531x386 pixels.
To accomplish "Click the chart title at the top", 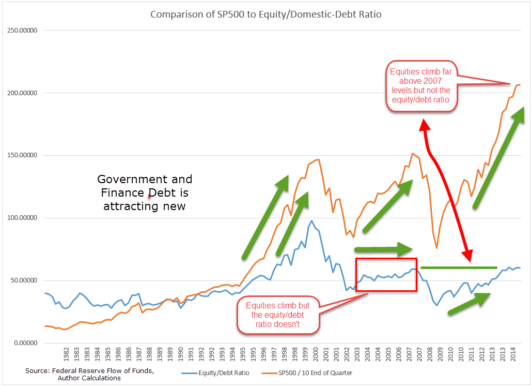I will (x=265, y=14).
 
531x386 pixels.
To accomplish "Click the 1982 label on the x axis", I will (x=67, y=359).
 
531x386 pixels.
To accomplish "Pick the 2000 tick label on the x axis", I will (x=316, y=359).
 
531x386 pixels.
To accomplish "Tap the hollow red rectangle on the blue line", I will (x=386, y=274).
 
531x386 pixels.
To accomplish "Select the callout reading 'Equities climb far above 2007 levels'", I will (x=421, y=86).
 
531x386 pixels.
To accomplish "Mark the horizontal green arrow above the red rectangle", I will (x=383, y=249).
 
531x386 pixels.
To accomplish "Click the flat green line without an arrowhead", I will (x=459, y=268).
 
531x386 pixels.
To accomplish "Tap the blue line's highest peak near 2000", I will (x=311, y=221).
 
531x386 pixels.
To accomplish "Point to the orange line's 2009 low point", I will (x=436, y=248).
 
